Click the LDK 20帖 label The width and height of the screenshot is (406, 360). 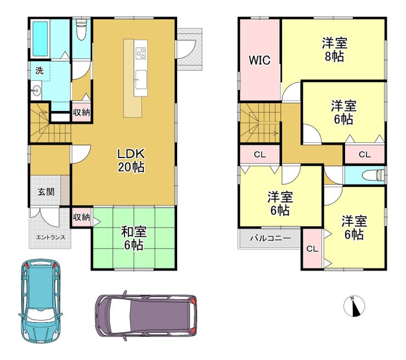[x=131, y=160]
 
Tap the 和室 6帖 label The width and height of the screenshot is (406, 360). [x=134, y=238]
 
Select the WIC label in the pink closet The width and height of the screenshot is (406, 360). [x=260, y=60]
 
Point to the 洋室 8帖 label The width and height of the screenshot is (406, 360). [x=335, y=49]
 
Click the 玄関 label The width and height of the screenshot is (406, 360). [x=46, y=192]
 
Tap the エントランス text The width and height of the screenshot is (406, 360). [x=50, y=237]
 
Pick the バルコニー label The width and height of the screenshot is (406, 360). [x=270, y=238]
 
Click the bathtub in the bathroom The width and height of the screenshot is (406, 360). [x=40, y=39]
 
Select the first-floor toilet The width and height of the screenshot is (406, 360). [x=81, y=30]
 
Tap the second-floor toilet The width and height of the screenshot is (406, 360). [x=374, y=175]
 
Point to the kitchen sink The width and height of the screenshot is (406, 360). [x=141, y=80]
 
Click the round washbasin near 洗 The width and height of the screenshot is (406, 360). [x=36, y=91]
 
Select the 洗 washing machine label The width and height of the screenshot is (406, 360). [x=40, y=70]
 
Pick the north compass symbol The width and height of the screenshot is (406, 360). [x=354, y=306]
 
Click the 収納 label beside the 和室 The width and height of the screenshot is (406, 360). [x=81, y=217]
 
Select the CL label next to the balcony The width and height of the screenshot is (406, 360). [x=312, y=249]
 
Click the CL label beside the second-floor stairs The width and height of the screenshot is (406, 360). [x=260, y=155]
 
